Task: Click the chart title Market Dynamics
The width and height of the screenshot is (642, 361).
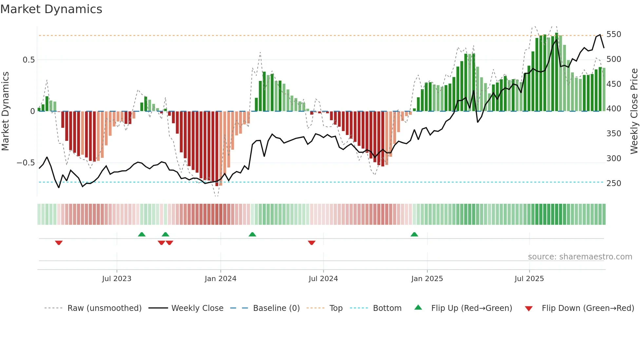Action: point(51,9)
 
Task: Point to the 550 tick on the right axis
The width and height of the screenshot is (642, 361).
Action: point(614,34)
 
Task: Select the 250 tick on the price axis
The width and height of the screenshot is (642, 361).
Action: point(614,183)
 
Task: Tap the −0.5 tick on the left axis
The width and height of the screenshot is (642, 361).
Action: point(26,163)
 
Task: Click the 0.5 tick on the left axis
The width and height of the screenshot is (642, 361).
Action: point(28,60)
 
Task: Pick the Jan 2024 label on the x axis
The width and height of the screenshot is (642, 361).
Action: point(220,279)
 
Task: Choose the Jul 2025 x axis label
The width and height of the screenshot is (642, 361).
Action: point(529,279)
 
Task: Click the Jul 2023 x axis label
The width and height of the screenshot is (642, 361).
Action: point(117,279)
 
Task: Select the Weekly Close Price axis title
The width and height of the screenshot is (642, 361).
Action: point(634,111)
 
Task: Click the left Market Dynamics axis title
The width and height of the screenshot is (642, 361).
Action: point(5,111)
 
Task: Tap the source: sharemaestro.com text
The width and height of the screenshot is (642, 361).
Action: point(580,257)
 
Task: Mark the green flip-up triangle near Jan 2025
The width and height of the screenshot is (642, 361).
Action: point(414,234)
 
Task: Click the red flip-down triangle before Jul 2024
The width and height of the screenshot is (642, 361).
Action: point(312,243)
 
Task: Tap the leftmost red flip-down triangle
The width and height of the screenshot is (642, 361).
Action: point(59,243)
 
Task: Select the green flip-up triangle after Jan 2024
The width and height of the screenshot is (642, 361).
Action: point(252,234)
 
